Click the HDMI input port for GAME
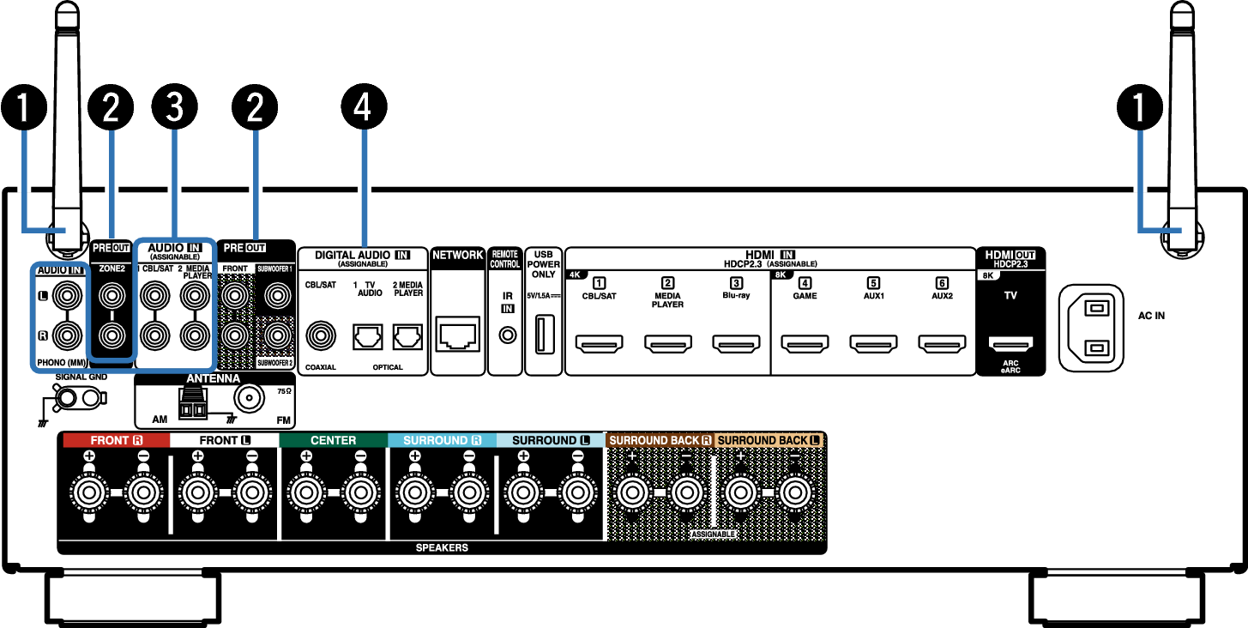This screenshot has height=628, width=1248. (805, 343)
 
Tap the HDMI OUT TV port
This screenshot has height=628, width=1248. (1010, 343)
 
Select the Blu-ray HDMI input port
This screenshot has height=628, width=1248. (736, 343)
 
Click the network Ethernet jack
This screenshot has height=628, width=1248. (457, 335)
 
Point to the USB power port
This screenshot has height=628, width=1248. (545, 335)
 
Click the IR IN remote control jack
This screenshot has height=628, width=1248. (507, 335)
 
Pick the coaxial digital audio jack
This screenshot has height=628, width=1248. (320, 336)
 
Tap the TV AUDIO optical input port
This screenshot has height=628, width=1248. (368, 337)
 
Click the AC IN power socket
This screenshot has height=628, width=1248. (1091, 328)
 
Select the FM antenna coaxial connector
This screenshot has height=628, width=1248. (249, 398)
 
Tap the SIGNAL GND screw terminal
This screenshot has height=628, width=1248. (68, 398)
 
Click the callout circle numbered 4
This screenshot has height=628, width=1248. (364, 106)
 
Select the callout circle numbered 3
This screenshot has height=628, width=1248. (174, 106)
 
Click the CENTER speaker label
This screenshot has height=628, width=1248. (333, 440)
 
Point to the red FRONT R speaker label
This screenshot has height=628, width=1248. (116, 440)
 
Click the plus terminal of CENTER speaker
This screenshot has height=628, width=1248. (306, 492)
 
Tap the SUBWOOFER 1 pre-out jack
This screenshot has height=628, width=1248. (277, 295)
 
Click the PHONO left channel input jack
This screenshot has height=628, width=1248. (67, 295)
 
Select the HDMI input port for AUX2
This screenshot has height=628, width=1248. (942, 343)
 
